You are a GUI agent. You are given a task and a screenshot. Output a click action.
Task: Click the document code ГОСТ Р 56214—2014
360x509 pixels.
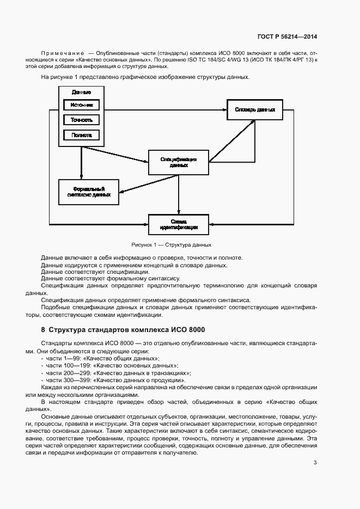pos(287,37)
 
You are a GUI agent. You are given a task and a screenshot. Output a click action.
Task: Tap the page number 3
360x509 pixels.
pos(315,463)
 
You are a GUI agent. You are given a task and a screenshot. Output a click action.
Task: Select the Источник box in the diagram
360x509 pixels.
pos(81,105)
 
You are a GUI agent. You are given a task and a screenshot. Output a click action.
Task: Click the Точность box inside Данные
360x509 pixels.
pos(81,119)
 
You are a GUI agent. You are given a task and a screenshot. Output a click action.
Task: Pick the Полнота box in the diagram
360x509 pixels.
pos(81,134)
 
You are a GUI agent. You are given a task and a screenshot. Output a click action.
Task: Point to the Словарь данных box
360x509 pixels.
pos(255,110)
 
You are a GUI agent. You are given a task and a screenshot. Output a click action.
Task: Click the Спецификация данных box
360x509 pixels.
pos(179,162)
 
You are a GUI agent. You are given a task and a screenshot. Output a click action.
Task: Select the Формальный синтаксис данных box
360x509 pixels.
pos(89,192)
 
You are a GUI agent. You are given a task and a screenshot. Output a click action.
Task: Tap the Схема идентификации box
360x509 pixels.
pos(179,224)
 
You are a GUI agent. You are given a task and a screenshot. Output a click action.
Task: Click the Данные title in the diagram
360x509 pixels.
pos(81,93)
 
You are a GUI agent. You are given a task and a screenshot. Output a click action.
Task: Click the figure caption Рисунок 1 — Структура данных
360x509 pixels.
pos(171,245)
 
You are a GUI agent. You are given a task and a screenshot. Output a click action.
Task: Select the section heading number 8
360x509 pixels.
pos(43,330)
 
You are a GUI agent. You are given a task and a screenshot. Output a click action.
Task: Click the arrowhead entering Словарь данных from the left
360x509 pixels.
pos(224,110)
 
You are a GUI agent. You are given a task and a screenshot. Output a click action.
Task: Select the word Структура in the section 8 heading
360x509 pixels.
pos(68,330)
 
